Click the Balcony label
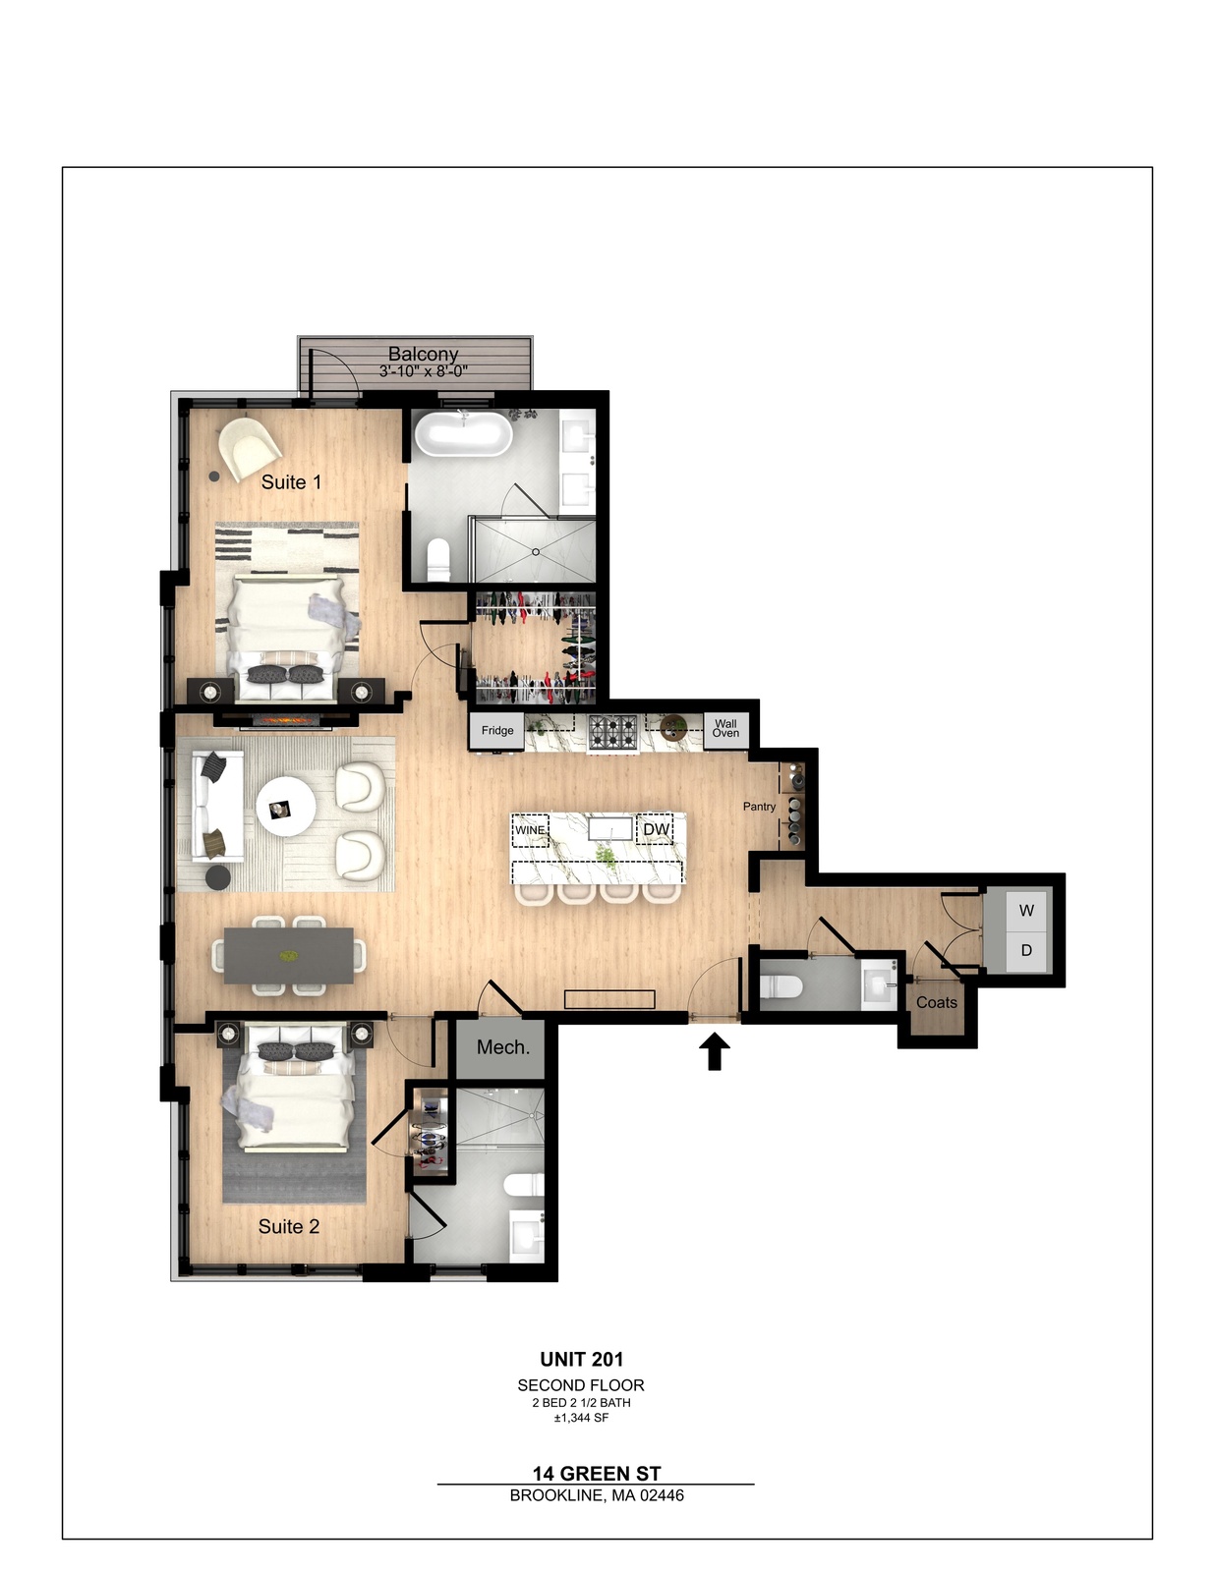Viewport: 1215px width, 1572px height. coord(424,355)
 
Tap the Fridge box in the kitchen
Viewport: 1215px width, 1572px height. coord(497,731)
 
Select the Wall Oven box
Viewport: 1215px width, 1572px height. coord(725,728)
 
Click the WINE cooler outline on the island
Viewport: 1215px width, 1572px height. coord(531,830)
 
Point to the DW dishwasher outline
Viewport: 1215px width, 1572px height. coord(655,829)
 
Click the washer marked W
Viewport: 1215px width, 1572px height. coord(1026,910)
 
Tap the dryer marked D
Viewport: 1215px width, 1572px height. coord(1026,951)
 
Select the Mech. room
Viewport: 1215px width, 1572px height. coord(503,1046)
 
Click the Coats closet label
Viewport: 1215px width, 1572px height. coord(937,1003)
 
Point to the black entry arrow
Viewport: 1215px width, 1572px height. coord(715,1051)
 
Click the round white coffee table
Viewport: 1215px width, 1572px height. coord(286,808)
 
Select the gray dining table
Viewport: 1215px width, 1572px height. coord(289,956)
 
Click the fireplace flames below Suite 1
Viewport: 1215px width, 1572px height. coord(289,720)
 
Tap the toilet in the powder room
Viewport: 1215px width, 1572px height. coord(781,985)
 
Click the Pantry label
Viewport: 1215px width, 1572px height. coord(759,807)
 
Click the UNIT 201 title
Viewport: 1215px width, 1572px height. coord(582,1360)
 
